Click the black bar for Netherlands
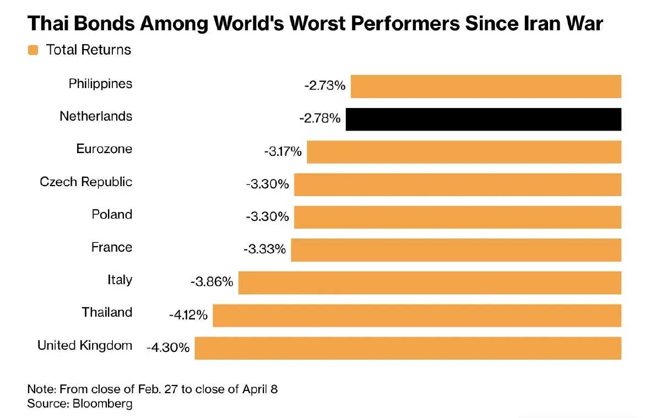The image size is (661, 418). tap(483, 120)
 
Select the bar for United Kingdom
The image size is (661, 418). tap(408, 349)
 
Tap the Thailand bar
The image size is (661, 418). tap(417, 316)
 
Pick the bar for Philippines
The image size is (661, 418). tap(486, 87)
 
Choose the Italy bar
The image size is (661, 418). tap(430, 283)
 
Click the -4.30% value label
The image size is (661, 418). tap(168, 348)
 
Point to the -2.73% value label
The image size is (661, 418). tap(324, 86)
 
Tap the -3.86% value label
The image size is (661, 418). tap(212, 282)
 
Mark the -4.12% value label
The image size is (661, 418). tap(188, 315)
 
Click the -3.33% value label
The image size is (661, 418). tap(264, 249)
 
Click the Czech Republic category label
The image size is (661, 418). tap(86, 182)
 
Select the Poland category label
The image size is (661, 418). tap(112, 214)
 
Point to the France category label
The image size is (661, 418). tap(112, 247)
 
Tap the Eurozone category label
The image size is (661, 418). tap(104, 149)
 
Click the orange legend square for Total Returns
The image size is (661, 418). tap(33, 50)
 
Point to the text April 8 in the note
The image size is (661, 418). tap(260, 389)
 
